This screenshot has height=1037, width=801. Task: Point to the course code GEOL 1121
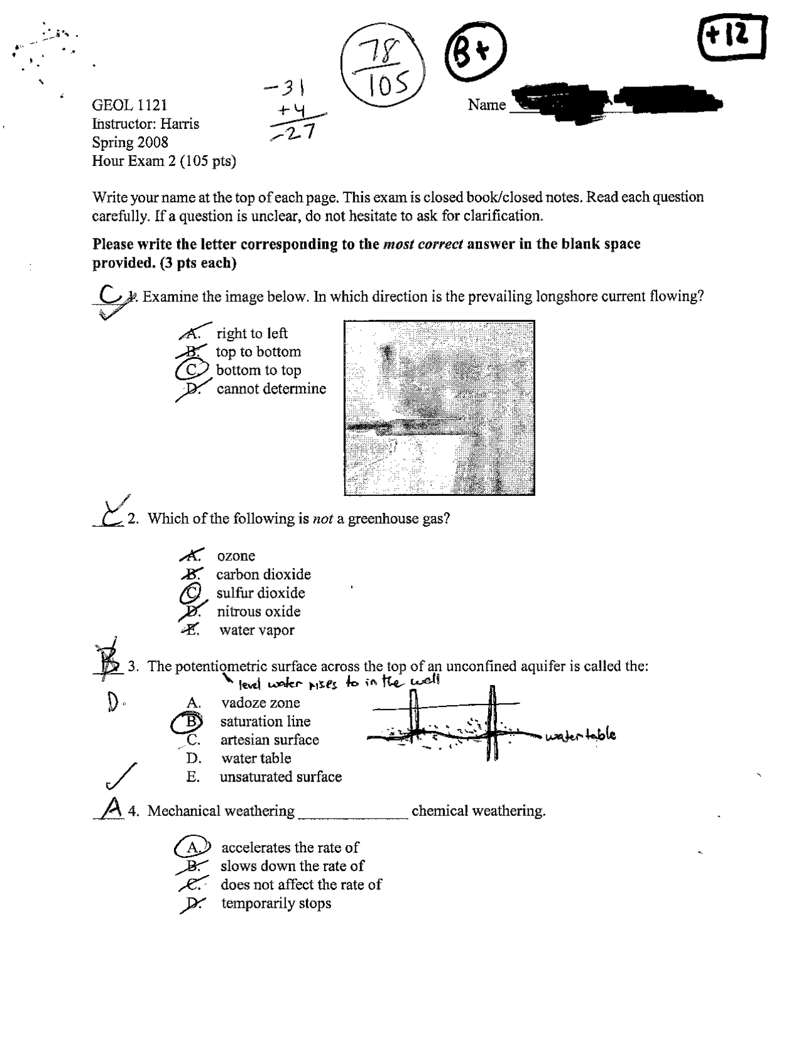(130, 105)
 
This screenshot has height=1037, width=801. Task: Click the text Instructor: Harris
(145, 123)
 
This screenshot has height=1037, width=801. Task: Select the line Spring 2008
(130, 142)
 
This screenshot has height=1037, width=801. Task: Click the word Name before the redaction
(486, 105)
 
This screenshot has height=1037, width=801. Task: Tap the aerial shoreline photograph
(439, 408)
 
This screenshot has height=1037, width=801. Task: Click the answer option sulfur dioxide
(260, 592)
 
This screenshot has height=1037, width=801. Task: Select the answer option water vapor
(256, 630)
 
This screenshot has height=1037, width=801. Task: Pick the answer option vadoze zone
(260, 703)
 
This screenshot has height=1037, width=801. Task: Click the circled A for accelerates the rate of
(193, 847)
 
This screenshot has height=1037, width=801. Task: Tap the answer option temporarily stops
(276, 903)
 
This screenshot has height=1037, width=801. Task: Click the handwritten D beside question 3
(113, 703)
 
